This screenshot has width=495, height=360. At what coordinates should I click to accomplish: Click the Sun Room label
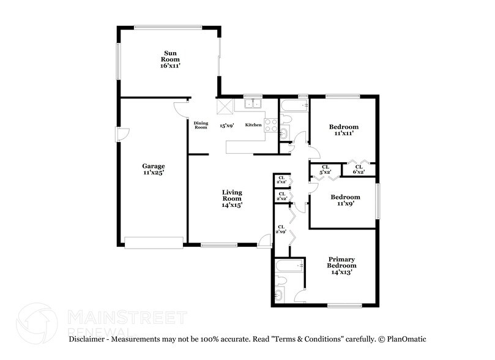[x=170, y=59]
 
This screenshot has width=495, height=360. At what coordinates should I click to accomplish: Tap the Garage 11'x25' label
[x=154, y=170]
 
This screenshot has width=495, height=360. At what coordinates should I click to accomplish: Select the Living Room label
[x=232, y=199]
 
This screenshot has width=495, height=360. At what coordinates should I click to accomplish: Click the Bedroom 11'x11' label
[x=343, y=130]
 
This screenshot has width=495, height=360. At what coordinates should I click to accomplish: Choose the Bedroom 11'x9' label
[x=345, y=201]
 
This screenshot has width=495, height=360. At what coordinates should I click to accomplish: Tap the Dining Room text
[x=201, y=125]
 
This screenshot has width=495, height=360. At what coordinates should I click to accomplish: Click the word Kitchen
[x=253, y=125]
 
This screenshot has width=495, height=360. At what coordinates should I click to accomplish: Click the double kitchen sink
[x=253, y=103]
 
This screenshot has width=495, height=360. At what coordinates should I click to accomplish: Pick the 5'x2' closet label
[x=326, y=169]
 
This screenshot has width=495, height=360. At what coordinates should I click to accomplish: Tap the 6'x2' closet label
[x=359, y=169]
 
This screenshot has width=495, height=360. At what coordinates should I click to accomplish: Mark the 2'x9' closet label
[x=281, y=229]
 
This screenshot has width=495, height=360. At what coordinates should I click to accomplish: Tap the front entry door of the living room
[x=264, y=241]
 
